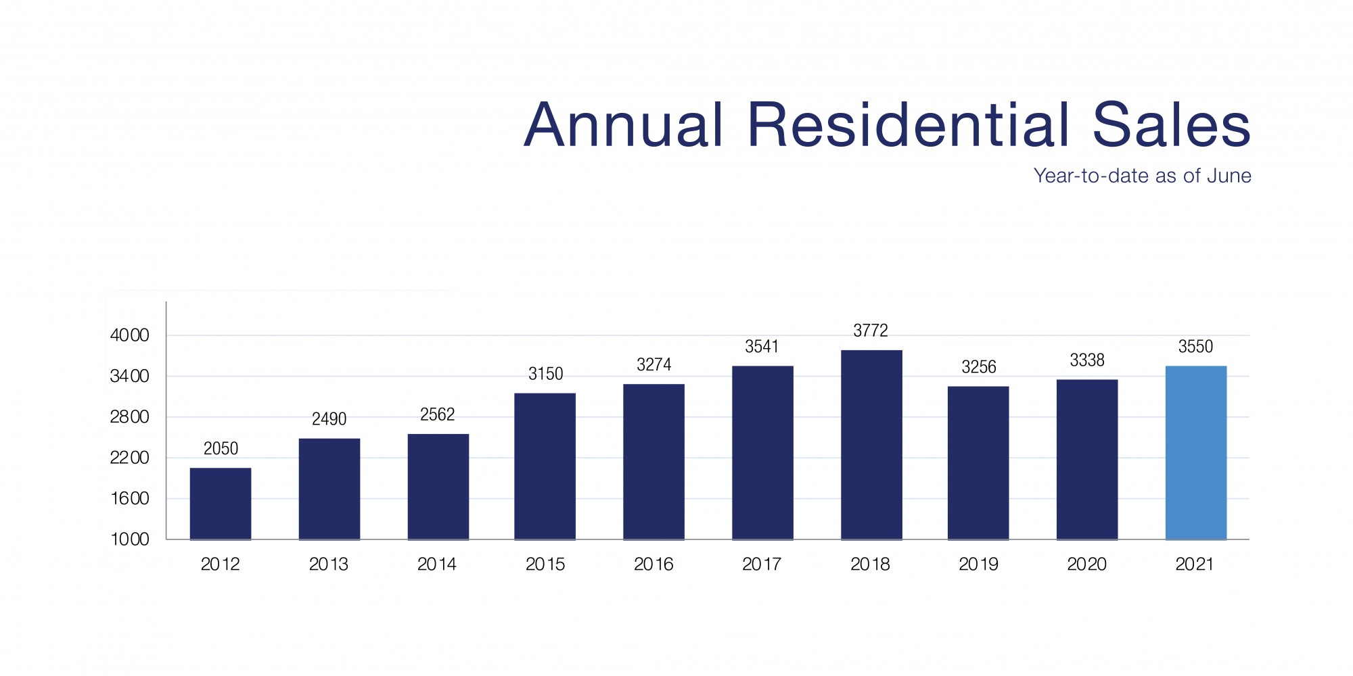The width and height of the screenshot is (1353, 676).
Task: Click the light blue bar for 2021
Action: (1195, 452)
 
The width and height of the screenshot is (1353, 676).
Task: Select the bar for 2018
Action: (871, 444)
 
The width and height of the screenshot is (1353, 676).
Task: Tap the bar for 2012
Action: (221, 503)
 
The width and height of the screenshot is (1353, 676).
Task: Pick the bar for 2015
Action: (545, 466)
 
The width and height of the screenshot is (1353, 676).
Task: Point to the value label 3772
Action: (871, 331)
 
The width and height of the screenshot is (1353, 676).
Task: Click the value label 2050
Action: (221, 448)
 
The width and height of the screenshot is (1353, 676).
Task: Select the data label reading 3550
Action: (1195, 347)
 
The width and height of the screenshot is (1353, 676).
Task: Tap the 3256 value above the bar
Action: (978, 367)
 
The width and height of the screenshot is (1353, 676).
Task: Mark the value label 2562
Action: (437, 414)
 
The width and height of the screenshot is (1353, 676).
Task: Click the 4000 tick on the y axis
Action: (129, 335)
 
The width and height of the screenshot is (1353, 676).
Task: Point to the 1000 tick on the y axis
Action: (129, 539)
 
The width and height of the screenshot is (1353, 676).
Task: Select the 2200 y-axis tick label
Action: (129, 458)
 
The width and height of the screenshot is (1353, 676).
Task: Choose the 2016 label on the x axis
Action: (653, 564)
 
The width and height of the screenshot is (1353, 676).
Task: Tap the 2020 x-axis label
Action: (1086, 564)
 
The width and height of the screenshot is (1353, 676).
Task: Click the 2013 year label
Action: (329, 564)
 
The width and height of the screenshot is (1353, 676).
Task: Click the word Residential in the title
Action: (909, 125)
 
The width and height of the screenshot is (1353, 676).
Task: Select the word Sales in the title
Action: (1171, 125)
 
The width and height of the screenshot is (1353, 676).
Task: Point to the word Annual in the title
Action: (624, 125)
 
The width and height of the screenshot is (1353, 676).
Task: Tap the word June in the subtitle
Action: (1229, 176)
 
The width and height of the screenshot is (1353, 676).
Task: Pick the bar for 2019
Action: (978, 462)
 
